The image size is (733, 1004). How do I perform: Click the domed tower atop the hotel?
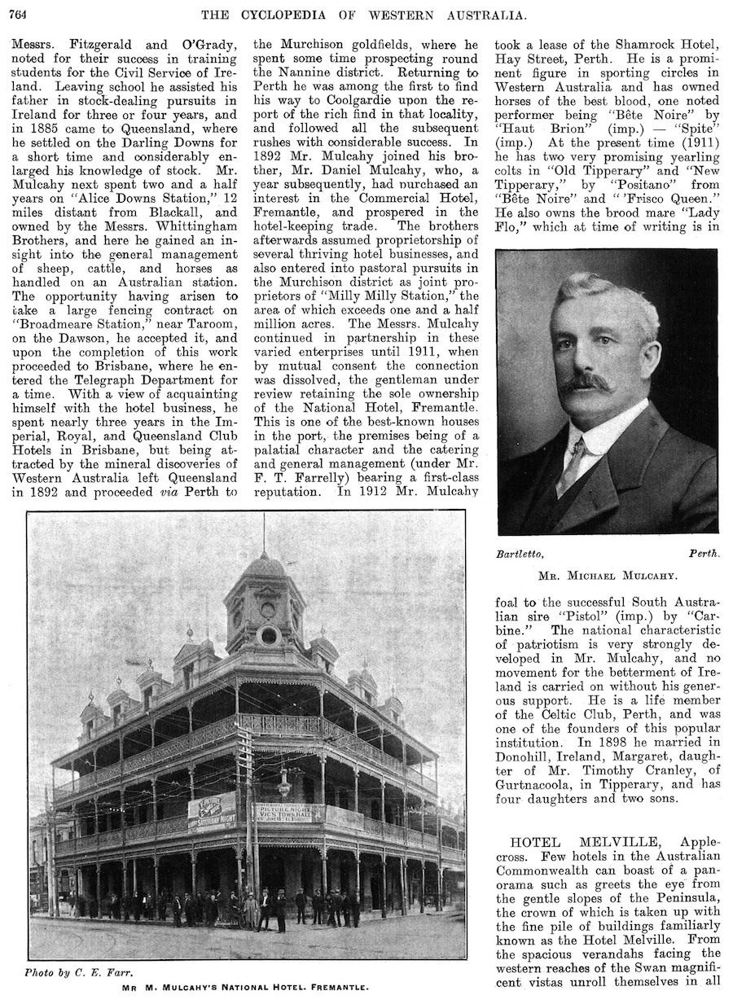[264, 590]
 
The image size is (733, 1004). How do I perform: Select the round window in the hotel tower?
[268, 635]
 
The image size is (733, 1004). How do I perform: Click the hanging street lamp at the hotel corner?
[284, 786]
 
